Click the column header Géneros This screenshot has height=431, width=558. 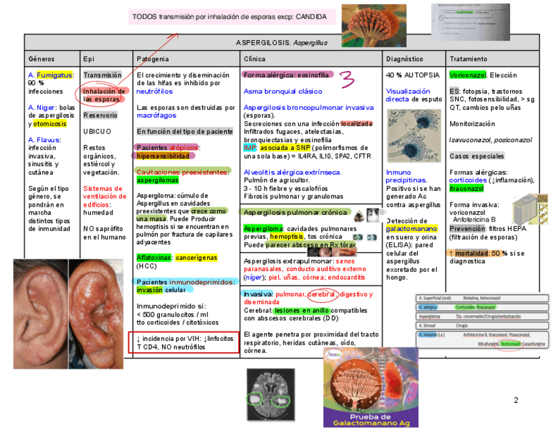click(41, 59)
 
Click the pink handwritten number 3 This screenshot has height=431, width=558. click(346, 79)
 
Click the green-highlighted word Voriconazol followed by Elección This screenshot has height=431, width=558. click(468, 75)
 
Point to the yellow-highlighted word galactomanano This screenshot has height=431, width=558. click(411, 228)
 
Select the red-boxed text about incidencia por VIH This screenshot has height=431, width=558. click(183, 343)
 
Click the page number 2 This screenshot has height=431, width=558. click(516, 400)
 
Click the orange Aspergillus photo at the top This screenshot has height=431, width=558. click(373, 26)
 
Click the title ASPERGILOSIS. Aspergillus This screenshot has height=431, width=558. click(281, 43)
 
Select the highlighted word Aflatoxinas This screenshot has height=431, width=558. click(155, 257)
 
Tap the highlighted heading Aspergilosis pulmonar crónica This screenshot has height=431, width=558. click(295, 213)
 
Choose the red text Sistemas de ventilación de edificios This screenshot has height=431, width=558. click(105, 196)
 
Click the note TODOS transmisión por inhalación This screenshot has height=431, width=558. click(234, 16)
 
